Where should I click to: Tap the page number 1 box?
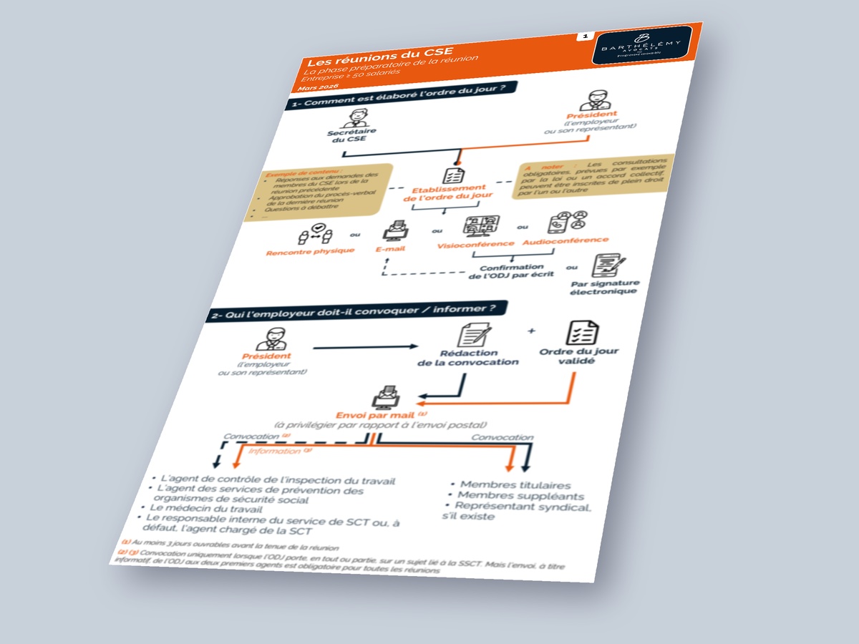585,35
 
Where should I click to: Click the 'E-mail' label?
392,249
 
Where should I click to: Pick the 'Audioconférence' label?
566,241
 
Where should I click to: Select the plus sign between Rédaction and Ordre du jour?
530,331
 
